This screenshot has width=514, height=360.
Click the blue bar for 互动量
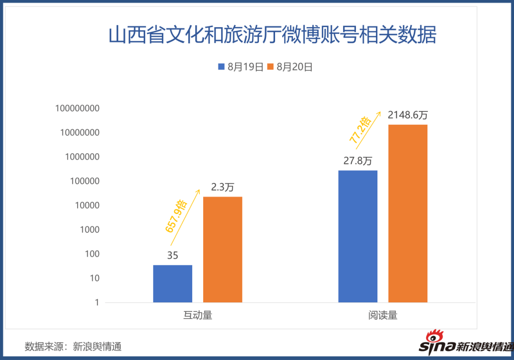(x=173, y=283)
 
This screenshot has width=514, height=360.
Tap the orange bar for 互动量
(x=223, y=249)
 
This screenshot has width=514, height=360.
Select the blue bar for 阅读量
(x=358, y=236)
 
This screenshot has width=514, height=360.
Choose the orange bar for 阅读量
(x=408, y=213)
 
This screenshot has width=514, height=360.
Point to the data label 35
(x=173, y=256)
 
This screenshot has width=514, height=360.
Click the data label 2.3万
(x=223, y=187)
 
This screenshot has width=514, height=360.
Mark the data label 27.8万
(x=358, y=161)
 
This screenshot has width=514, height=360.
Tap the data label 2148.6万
(x=408, y=115)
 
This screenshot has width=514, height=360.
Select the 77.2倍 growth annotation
(x=360, y=130)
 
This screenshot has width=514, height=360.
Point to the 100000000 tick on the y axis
(x=77, y=108)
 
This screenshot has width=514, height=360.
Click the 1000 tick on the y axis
(x=89, y=230)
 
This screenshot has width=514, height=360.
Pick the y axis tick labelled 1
(x=97, y=302)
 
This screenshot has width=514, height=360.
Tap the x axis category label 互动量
(x=198, y=315)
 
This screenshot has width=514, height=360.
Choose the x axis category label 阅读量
(x=383, y=315)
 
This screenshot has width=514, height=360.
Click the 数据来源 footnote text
(x=73, y=346)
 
